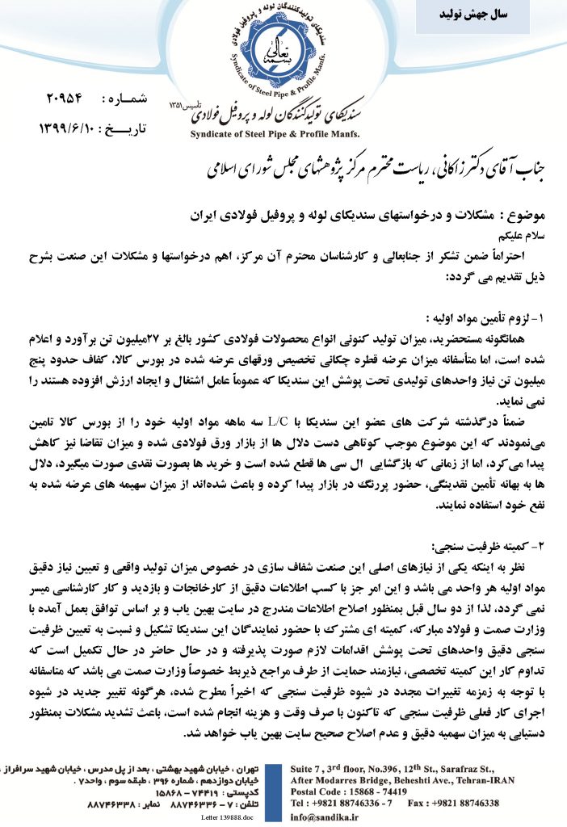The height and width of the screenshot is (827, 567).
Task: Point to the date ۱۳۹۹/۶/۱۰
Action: point(68,129)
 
